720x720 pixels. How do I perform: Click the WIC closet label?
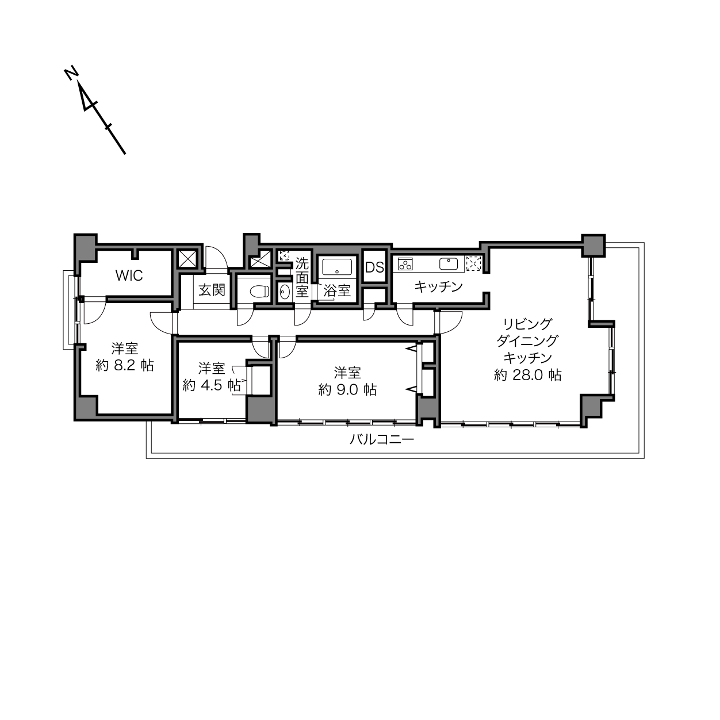click(x=129, y=275)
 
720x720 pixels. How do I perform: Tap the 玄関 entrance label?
click(x=212, y=290)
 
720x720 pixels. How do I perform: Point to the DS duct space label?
click(x=374, y=267)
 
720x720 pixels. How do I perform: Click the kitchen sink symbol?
click(x=449, y=264)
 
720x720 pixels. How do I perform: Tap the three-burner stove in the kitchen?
click(x=405, y=264)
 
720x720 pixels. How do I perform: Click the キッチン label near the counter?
click(x=439, y=287)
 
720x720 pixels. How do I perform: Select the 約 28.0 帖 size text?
click(x=527, y=375)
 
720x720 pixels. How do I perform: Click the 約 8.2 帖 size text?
click(x=125, y=365)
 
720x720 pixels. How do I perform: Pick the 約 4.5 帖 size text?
click(x=212, y=385)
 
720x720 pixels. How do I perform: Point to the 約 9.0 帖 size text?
click(x=347, y=390)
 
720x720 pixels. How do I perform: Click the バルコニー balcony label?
click(x=382, y=439)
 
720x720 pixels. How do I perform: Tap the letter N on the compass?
click(x=71, y=73)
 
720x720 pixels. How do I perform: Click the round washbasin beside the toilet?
click(x=284, y=292)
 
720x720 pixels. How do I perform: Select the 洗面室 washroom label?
click(x=302, y=278)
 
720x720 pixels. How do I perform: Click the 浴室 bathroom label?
click(x=337, y=290)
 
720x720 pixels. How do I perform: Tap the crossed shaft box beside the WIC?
click(x=187, y=259)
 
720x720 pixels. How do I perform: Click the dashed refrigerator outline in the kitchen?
click(x=473, y=264)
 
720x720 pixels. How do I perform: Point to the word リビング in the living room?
click(x=527, y=324)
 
